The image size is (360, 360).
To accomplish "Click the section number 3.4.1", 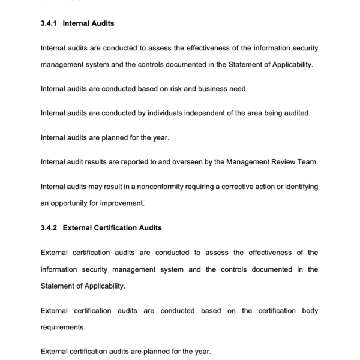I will tap(49, 23).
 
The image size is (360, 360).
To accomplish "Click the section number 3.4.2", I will tap(49, 228).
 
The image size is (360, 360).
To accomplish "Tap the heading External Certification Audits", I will tap(112, 228).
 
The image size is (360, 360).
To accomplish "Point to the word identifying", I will tap(298, 187).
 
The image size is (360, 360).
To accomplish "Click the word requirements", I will tap(63, 328).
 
